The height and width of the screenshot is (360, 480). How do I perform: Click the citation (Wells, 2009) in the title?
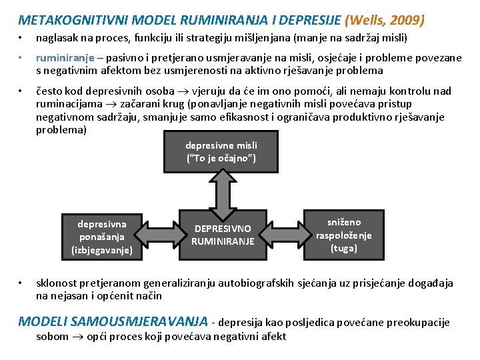click(x=385, y=20)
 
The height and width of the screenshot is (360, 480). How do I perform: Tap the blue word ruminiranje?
click(x=65, y=58)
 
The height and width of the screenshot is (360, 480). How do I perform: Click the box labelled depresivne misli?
click(x=221, y=151)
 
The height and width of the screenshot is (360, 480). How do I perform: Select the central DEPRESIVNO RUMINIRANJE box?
click(x=223, y=235)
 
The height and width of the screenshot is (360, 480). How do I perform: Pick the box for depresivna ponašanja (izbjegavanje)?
click(x=102, y=237)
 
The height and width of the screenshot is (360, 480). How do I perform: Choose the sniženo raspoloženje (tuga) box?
click(x=344, y=235)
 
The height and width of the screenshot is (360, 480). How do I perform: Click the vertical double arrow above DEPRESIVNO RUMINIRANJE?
click(x=223, y=195)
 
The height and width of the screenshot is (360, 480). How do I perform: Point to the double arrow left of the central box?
click(x=161, y=235)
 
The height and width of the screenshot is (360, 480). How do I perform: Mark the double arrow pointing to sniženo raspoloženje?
click(x=285, y=235)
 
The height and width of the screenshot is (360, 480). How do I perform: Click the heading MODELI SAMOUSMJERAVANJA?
click(x=113, y=321)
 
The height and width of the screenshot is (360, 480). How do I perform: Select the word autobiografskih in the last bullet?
click(x=256, y=283)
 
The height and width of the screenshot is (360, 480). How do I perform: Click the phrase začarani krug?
click(x=147, y=104)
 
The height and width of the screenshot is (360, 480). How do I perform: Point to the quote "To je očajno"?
click(x=221, y=158)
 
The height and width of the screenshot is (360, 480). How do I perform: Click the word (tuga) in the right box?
click(x=344, y=248)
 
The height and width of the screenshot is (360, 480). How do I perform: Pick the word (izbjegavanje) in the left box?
click(x=102, y=250)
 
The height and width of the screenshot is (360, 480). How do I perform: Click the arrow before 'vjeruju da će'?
click(x=183, y=91)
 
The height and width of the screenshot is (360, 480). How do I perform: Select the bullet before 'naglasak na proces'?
click(x=20, y=38)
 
